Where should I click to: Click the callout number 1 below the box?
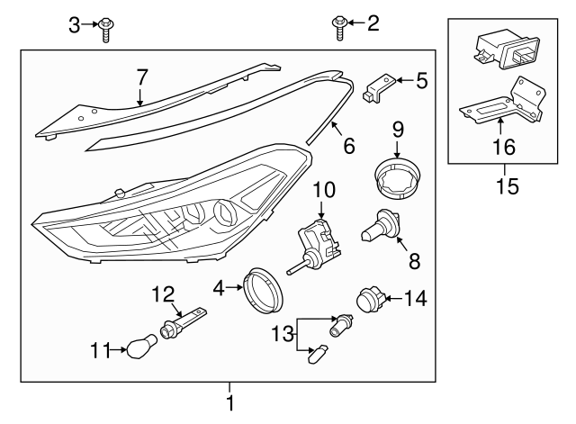pyautogui.click(x=230, y=404)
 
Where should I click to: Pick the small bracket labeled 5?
pyautogui.click(x=379, y=88)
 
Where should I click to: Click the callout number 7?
pyautogui.click(x=140, y=78)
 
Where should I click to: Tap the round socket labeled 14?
pyautogui.click(x=370, y=298)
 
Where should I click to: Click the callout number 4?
pyautogui.click(x=220, y=289)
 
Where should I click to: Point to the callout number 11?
pyautogui.click(x=100, y=348)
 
